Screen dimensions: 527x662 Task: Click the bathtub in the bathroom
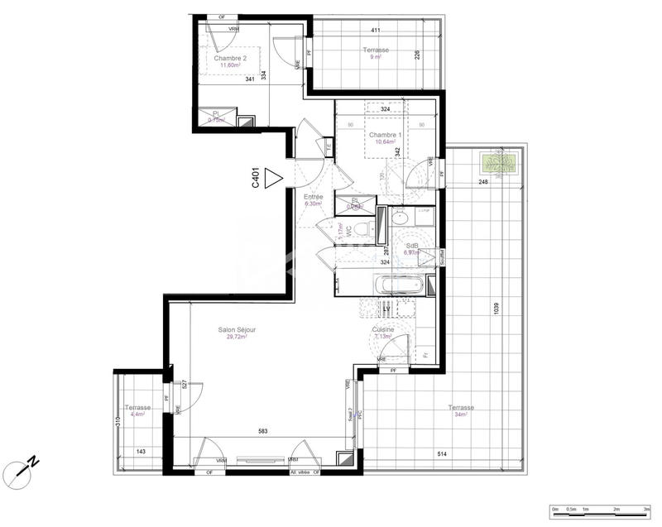399,287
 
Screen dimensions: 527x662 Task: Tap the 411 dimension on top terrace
375,31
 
